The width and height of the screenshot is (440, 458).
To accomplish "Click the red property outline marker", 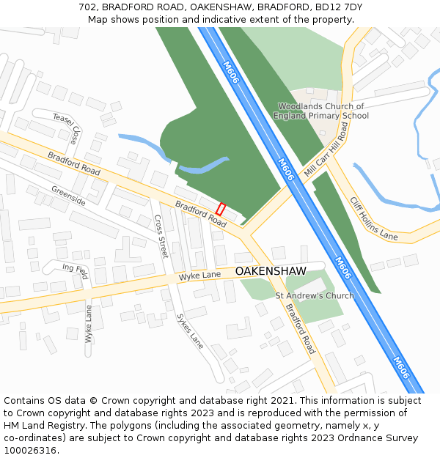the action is (x=221, y=209).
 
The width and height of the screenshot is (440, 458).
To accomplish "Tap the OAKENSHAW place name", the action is (x=271, y=271).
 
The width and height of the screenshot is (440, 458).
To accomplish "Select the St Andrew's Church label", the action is (x=314, y=296).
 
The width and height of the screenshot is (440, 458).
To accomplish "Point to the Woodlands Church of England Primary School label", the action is (x=321, y=111).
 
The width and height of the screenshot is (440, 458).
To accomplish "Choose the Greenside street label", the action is (x=68, y=196).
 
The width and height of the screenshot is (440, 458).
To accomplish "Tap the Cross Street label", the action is (x=161, y=237).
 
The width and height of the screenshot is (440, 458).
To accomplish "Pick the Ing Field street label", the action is (x=75, y=271).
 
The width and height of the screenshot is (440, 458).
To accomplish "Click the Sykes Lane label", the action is (x=190, y=330).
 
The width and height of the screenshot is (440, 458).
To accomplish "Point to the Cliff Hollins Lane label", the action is (x=373, y=218).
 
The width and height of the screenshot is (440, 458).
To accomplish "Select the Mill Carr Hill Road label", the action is (x=326, y=149).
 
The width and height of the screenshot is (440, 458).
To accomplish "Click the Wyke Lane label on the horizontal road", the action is (x=200, y=276).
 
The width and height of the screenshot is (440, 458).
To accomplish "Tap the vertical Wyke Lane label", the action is (x=89, y=324).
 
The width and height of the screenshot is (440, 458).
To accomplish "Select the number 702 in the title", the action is (x=87, y=7).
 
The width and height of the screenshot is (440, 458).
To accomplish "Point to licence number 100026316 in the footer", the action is (x=29, y=451).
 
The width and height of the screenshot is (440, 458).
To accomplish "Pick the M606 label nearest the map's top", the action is (x=231, y=72).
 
